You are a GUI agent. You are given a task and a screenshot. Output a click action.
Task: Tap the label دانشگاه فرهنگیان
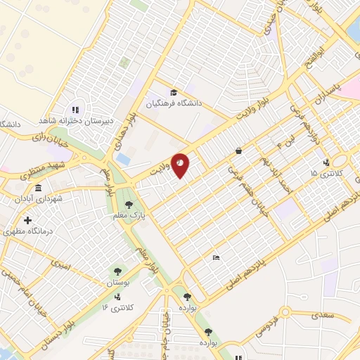pyautogui.click(x=174, y=103)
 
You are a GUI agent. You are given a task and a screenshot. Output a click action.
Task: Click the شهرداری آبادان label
pyautogui.click(x=38, y=199)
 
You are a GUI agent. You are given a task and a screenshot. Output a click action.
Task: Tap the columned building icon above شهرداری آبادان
pyautogui.click(x=37, y=188)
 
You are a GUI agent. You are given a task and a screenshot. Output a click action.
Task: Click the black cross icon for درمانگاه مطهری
pyautogui.click(x=27, y=220)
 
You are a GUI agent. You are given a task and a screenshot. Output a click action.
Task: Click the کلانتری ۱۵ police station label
pyautogui.click(x=324, y=172)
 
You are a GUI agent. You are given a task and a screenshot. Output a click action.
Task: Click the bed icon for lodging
pyautogui.click(x=216, y=258)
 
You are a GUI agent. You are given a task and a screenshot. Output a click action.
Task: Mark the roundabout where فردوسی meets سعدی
pyautogui.click(x=285, y=311)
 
